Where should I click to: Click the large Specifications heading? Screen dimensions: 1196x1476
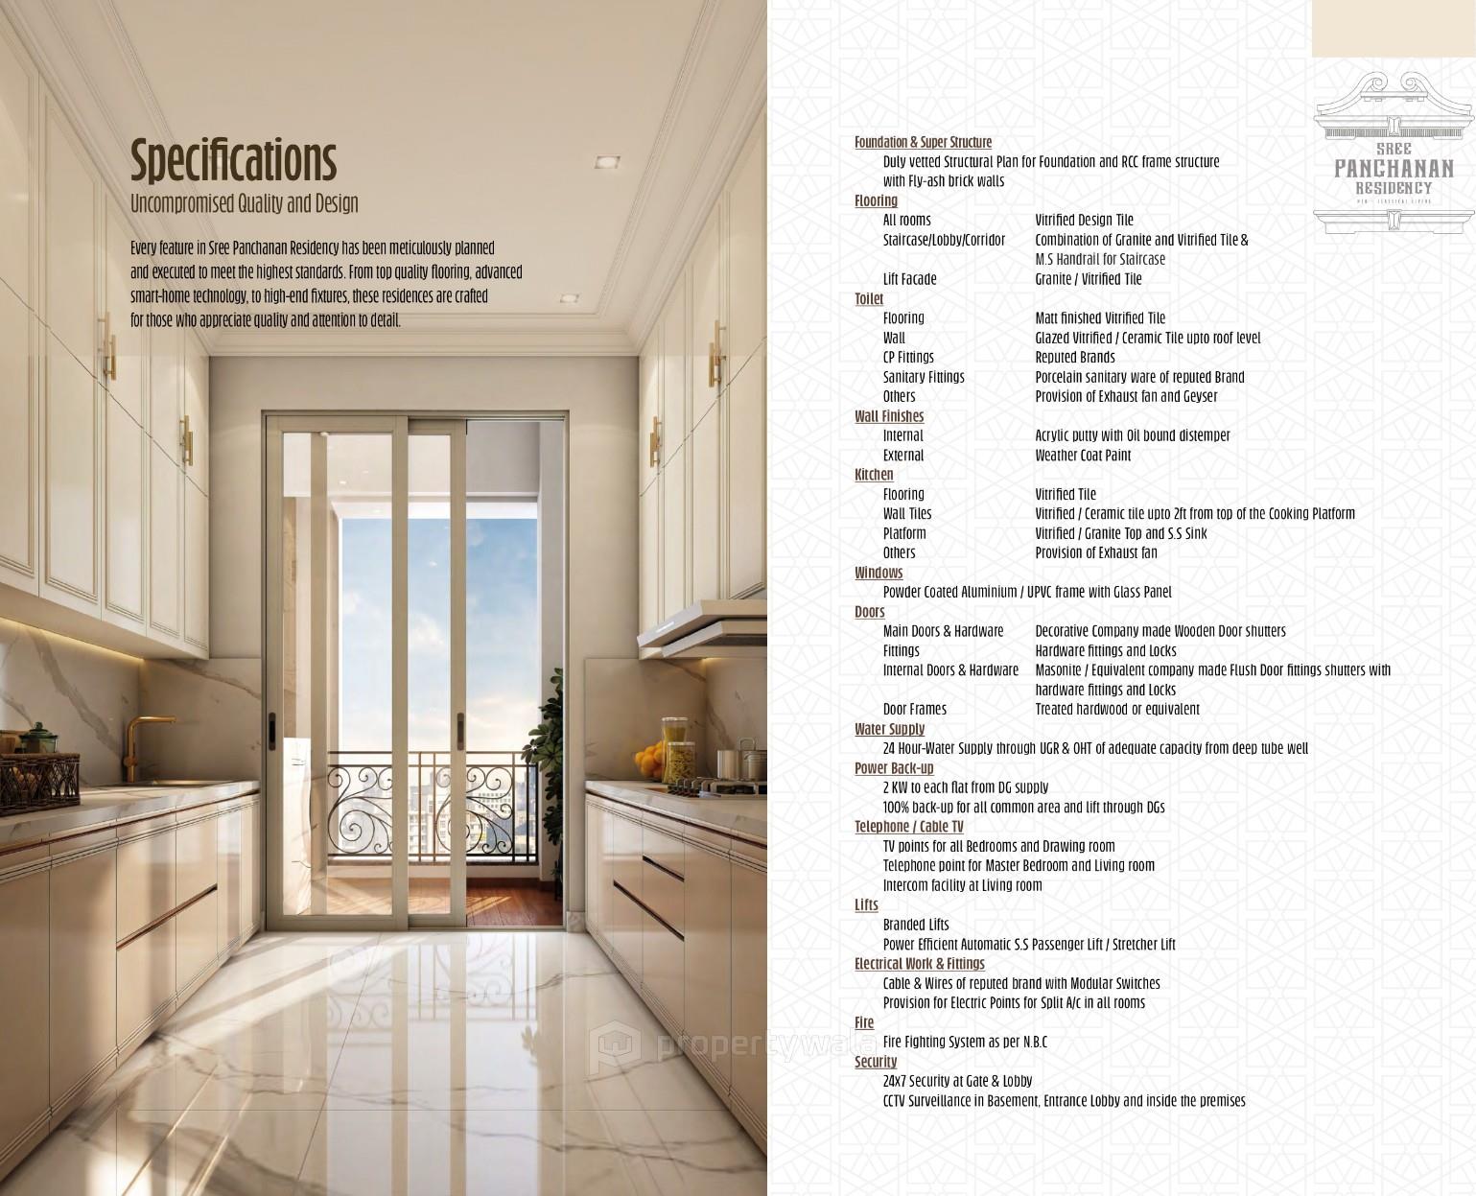click(233, 160)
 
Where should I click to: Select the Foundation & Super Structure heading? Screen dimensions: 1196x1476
click(923, 142)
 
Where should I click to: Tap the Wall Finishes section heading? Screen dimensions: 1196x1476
click(889, 416)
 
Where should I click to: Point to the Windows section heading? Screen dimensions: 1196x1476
click(879, 573)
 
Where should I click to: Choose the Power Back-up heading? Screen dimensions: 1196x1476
click(894, 768)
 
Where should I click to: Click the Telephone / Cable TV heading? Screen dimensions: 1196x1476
click(908, 827)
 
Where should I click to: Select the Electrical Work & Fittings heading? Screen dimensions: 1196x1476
click(919, 964)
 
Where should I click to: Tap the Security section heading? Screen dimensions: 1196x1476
click(876, 1062)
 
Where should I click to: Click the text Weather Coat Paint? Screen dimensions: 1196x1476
click(1083, 456)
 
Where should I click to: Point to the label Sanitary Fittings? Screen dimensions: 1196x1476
click(924, 377)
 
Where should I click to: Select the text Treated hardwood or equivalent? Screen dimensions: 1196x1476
click(1117, 710)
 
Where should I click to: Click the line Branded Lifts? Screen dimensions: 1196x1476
click(916, 925)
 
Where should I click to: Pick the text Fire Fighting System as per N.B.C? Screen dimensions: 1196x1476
click(965, 1042)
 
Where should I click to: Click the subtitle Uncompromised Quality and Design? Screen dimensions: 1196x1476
click(245, 203)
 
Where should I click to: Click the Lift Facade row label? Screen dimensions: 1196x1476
click(909, 279)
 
